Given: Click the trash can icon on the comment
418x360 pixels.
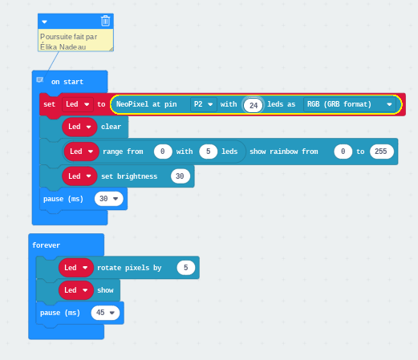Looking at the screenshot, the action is tap(105, 21).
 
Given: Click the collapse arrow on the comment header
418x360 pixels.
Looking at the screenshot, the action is tap(44, 22).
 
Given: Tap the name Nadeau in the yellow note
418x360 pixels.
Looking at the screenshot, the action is tap(72, 47).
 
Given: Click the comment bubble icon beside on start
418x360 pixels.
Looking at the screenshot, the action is tap(40, 79).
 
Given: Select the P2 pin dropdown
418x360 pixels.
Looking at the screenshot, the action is tap(204, 104).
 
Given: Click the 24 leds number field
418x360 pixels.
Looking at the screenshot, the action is tap(253, 105).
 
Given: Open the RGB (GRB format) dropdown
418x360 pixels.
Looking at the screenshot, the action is tap(350, 104).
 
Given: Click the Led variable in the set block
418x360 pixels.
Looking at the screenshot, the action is tap(78, 104).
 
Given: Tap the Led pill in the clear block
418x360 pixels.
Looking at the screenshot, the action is tap(79, 127).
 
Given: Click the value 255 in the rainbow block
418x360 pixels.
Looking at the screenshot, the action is tap(381, 152).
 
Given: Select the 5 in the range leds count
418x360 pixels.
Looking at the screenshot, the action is tap(208, 152).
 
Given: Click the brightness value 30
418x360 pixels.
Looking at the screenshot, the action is tap(180, 176).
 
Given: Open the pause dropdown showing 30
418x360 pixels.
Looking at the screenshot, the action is tap(109, 199).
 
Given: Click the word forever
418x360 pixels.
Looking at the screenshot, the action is tap(46, 245).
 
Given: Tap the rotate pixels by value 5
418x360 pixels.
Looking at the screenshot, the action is tap(185, 268).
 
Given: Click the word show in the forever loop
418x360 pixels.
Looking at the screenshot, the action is tap(105, 290).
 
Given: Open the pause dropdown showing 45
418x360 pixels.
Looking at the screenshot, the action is tap(105, 313).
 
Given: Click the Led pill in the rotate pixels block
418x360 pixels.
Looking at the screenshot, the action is tap(76, 268).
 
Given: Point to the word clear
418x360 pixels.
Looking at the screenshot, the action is tap(111, 127).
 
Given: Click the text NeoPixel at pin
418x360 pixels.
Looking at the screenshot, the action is tap(147, 104).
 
